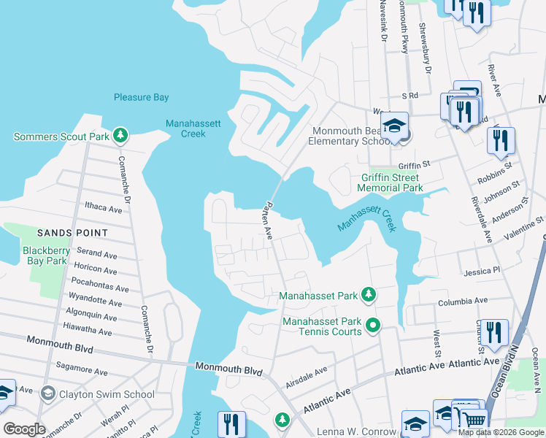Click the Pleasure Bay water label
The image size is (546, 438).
coord(142,97)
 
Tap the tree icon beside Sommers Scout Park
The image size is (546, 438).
coord(121,136)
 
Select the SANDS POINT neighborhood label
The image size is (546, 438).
coord(72,233)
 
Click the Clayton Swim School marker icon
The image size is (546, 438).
coord(48,394)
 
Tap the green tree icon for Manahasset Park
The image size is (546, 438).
coord(369,295)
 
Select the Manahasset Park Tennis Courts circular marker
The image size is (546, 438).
coord(373,325)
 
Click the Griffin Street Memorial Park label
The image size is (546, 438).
coord(391,182)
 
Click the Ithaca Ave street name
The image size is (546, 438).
coord(103,208)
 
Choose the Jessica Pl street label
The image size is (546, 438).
coord(482,270)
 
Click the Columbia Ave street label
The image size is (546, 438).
coord(462,301)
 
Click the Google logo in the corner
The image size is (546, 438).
coord(24,429)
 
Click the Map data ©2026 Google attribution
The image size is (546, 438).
coord(501,432)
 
